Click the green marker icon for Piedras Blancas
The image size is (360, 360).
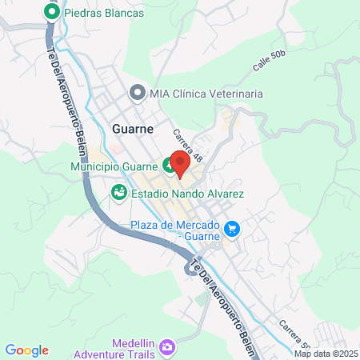point(53,13)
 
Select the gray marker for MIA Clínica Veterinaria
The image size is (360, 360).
point(137,94)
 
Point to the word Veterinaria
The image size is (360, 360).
point(236,94)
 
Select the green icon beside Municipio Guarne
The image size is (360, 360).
point(170,166)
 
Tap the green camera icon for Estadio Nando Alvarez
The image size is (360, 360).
point(118,193)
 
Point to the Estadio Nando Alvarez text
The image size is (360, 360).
point(187,193)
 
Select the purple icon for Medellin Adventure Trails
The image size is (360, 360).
point(166,347)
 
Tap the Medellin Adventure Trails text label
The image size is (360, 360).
point(113,347)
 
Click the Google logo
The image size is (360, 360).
point(27,350)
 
